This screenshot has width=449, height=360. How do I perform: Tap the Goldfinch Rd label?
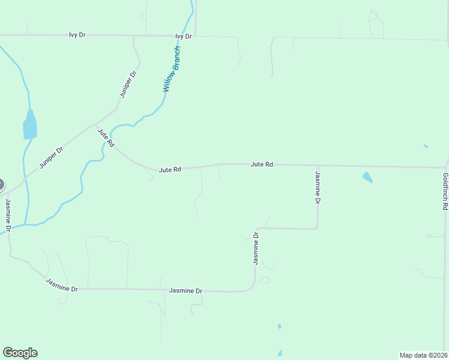(x=445, y=191)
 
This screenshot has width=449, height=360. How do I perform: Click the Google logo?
(x=20, y=353)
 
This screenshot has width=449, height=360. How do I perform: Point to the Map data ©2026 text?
(x=423, y=355)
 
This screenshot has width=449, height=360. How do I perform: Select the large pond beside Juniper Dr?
(x=29, y=125)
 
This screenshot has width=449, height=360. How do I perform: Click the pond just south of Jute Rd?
(x=367, y=177)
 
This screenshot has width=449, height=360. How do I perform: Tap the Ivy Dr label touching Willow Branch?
(x=183, y=36)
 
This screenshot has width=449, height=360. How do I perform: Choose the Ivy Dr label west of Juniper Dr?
(x=77, y=35)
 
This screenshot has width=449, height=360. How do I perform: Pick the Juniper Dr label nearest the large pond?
(x=52, y=158)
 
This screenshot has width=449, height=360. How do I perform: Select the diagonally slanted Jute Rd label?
(x=106, y=137)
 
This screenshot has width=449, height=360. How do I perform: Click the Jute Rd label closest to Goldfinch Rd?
(x=262, y=164)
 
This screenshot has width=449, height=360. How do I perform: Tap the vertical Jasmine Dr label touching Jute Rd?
(x=318, y=187)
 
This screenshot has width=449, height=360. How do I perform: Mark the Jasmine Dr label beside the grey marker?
(x=8, y=215)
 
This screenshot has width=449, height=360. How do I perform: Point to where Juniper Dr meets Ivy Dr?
(x=133, y=36)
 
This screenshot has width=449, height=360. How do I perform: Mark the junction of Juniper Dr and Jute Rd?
(x=96, y=125)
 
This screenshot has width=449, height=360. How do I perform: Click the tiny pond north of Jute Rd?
(x=426, y=146)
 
